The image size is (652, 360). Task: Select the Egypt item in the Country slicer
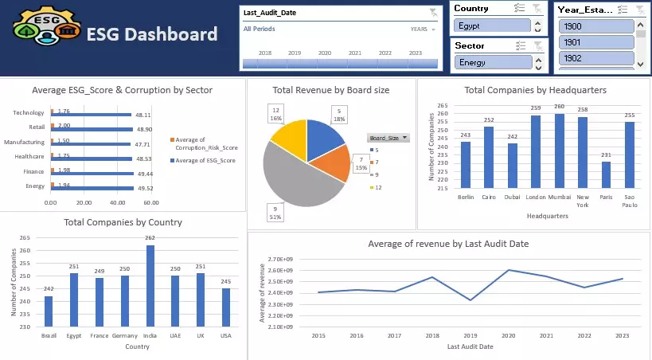click(491, 25)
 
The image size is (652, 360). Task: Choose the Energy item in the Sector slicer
click(491, 61)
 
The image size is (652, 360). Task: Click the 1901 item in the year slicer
click(595, 42)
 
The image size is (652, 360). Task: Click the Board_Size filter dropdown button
click(388, 138)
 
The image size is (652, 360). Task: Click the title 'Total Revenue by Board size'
click(330, 90)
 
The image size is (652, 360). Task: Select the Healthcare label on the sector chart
click(29, 157)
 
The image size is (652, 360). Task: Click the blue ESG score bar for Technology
click(92, 115)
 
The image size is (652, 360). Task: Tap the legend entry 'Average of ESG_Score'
click(206, 161)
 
